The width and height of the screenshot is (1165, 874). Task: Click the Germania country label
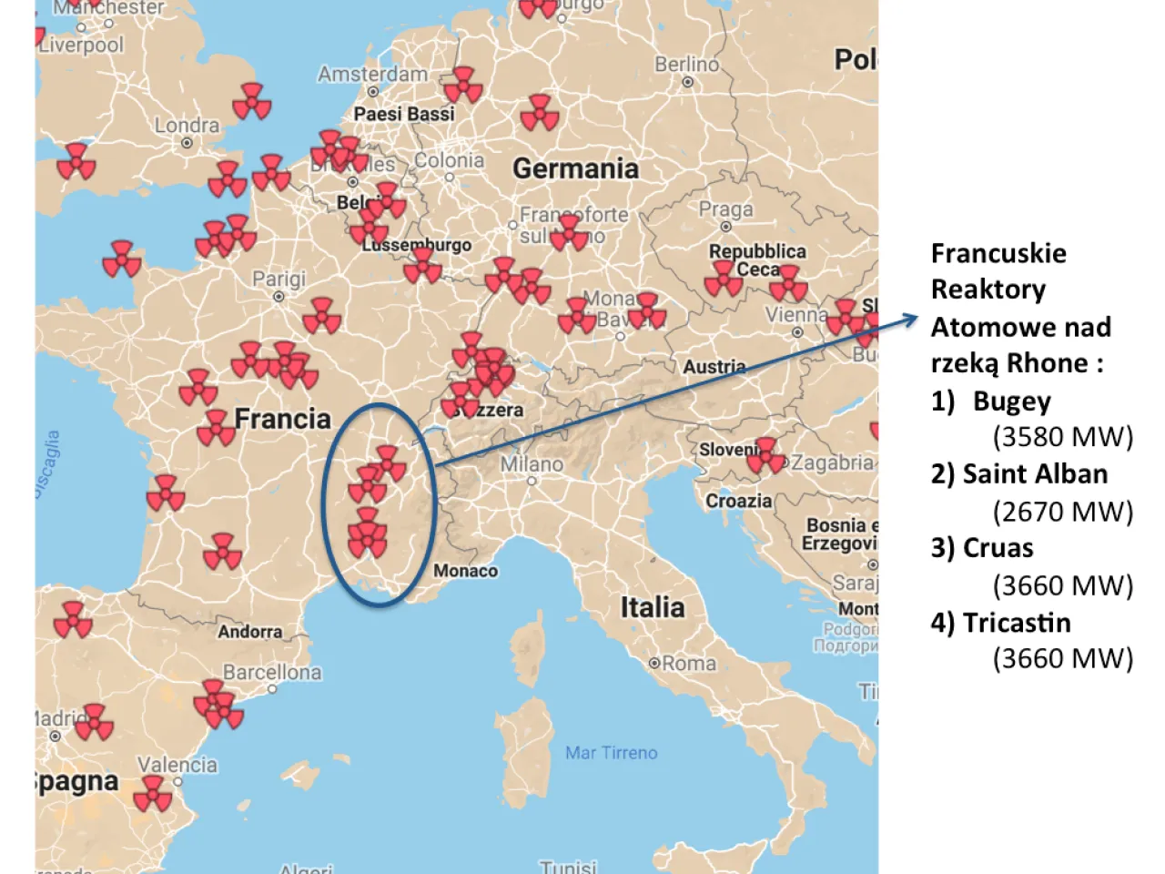[x=575, y=168]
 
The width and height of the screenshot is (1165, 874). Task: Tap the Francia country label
[x=282, y=419]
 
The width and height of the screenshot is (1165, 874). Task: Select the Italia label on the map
[x=652, y=607]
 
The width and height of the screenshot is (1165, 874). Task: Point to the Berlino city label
[x=686, y=65]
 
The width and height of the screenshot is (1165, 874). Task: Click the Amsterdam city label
[x=372, y=75]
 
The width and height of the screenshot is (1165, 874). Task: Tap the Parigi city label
[x=279, y=279]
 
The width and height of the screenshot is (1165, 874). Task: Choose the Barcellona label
[x=272, y=673]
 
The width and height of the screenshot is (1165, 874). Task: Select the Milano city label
[x=532, y=464]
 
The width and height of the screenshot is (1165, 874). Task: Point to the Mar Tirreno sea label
[x=611, y=753]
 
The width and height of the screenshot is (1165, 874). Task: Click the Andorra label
[x=249, y=632]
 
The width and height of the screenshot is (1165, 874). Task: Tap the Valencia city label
[x=177, y=765]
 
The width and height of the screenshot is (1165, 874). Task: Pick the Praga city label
[x=725, y=210]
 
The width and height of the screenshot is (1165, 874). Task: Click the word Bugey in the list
[x=1011, y=401]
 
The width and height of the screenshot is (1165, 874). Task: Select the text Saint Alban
[x=1035, y=474]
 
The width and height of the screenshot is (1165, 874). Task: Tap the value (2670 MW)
[x=1062, y=512]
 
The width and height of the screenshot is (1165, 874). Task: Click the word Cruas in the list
[x=998, y=548]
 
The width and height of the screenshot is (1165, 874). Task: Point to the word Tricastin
[x=1017, y=623]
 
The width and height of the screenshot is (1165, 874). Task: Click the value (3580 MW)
[x=1062, y=437]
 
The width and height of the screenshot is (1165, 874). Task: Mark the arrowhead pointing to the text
[x=912, y=318]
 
